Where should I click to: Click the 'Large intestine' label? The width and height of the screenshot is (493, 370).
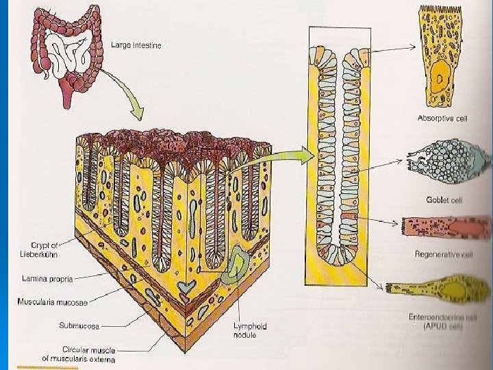point(136,46)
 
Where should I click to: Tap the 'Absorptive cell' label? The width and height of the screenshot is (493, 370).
point(442,118)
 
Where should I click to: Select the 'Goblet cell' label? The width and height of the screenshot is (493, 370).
point(442,199)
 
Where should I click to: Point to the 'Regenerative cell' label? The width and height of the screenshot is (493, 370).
point(444,254)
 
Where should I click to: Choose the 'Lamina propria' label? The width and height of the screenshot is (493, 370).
point(46,279)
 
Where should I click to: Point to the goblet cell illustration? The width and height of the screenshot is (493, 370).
point(445,166)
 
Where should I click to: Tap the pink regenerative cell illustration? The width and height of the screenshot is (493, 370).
point(445,227)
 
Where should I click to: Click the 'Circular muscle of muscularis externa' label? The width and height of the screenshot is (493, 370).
point(80,354)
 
